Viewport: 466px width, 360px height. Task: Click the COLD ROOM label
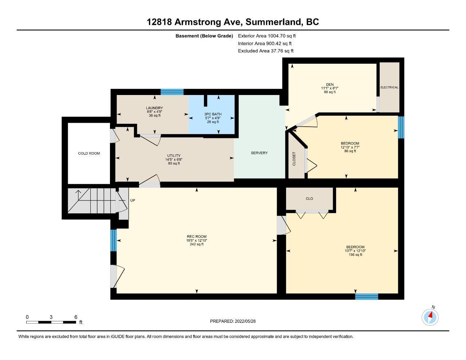pos(89,154)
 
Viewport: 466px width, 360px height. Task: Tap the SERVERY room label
pos(259,153)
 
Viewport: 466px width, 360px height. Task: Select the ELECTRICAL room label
pos(389,87)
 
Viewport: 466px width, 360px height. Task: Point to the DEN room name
pos(330,84)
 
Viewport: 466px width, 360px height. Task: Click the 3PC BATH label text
pos(213,114)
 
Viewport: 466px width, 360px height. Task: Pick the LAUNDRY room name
pos(154,108)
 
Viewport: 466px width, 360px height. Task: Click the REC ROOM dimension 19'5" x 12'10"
pos(197,240)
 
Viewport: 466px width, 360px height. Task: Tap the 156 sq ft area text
pos(355,255)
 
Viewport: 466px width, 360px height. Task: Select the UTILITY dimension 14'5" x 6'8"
pos(174,159)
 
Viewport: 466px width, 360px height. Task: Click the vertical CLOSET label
pos(294,159)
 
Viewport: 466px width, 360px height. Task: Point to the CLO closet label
pos(309,199)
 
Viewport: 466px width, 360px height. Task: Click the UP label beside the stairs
pos(133,200)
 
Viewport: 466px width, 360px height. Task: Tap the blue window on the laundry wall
pos(172,92)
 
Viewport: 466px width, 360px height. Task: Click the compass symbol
pos(430,317)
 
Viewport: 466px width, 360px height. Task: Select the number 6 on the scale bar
pos(76,317)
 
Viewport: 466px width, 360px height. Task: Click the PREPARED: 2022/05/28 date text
pos(233,321)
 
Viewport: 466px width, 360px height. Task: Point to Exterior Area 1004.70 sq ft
pos(267,36)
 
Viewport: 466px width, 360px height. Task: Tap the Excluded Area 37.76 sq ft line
pos(266,51)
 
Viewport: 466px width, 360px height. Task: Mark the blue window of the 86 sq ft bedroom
pos(401,127)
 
